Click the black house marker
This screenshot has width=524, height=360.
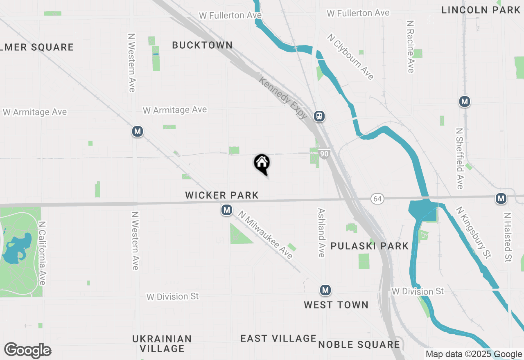pos(262,163)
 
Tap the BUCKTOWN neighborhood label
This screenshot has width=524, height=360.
pos(202,45)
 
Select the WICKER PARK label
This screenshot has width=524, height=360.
pos(222,195)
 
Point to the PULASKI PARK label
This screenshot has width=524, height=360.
pos(369,246)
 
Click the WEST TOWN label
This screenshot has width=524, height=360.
pos(336,305)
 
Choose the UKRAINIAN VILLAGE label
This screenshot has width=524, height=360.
pos(162,344)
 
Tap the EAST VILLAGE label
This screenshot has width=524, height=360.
pos(278,338)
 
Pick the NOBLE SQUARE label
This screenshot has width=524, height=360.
pos(359,344)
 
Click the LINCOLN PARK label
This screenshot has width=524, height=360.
pos(481,10)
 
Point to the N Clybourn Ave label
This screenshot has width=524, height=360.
pos(350,56)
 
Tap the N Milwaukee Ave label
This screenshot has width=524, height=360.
pos(266,235)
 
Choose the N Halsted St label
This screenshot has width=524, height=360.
pos(508,237)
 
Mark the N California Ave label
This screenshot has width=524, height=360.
pos(42,253)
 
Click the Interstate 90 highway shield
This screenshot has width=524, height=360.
pos(324,154)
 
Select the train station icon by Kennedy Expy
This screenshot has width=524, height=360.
pos(319,116)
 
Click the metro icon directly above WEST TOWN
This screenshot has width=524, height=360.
pos(325,290)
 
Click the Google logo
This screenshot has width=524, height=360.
pos(27,351)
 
